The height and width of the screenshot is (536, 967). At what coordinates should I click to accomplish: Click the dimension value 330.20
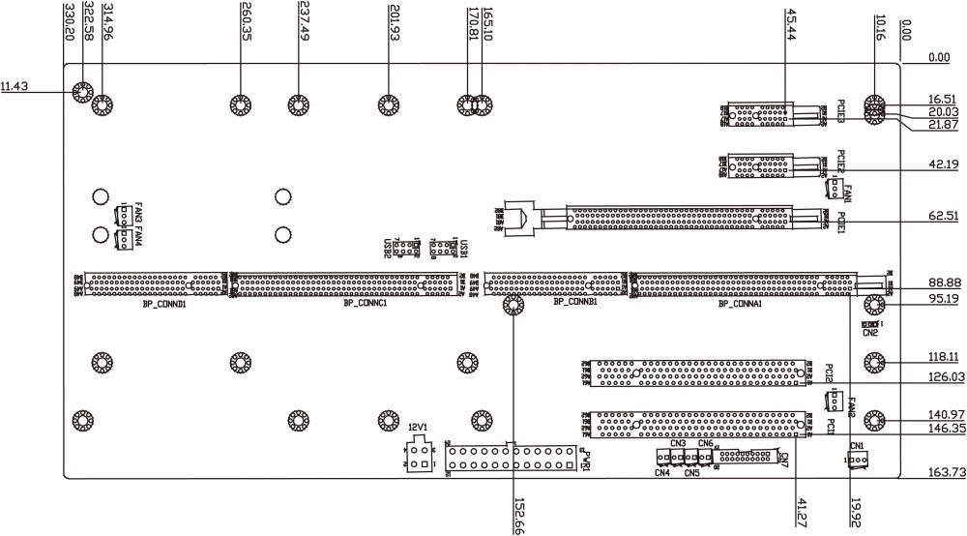point(69,20)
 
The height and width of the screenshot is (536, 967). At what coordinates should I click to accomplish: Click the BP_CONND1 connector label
point(164,304)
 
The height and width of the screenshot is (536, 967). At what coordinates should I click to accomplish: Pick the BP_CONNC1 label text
point(365,304)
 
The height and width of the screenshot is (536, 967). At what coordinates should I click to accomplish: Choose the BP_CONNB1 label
point(574,303)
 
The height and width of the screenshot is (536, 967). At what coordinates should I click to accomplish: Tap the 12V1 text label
point(418,428)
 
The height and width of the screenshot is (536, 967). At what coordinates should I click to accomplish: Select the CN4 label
point(662,474)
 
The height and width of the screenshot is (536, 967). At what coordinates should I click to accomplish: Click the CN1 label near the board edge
point(856,445)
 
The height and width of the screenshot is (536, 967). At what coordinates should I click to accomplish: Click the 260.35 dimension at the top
point(247,20)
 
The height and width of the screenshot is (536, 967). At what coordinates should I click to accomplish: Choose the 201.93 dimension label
point(393,20)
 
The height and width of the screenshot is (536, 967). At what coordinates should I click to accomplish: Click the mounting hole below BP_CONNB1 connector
point(513,307)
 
